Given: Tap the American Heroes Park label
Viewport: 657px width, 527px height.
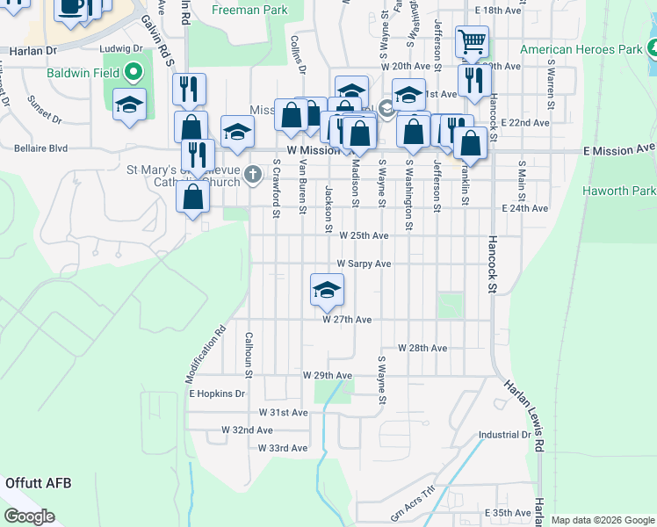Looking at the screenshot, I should (x=581, y=49).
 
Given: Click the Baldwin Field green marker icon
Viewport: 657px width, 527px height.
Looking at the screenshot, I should (x=134, y=71).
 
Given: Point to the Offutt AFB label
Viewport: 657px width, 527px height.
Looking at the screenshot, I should (x=38, y=482).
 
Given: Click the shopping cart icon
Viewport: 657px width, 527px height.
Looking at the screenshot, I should (x=472, y=41).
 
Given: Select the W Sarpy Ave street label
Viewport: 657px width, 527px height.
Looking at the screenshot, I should (x=365, y=263).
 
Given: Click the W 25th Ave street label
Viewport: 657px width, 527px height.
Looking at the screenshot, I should (x=364, y=235).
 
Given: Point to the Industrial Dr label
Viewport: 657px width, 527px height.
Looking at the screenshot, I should (x=505, y=435).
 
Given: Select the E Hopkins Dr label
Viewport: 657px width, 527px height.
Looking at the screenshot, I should (x=217, y=393).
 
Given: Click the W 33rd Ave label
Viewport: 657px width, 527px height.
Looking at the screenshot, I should (x=283, y=448).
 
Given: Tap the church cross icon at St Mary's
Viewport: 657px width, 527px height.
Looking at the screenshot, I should (x=253, y=175).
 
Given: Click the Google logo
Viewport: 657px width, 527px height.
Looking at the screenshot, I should (x=30, y=516).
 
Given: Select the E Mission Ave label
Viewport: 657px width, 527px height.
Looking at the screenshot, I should (x=619, y=150).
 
